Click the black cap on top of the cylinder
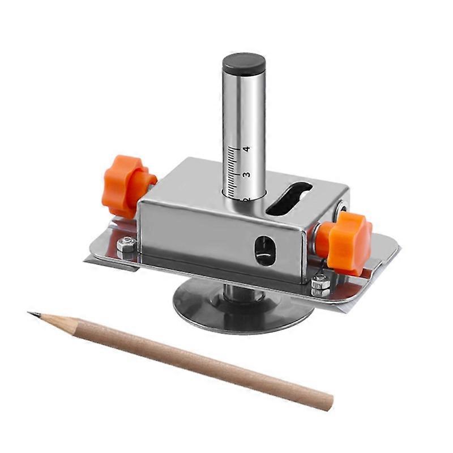coord(243,64)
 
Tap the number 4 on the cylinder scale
coord(246,149)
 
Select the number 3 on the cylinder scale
coord(246,175)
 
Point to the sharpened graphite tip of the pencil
coord(32,313)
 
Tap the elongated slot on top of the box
coord(288,199)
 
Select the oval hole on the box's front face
coord(264,250)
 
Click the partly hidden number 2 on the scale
coord(245,198)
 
